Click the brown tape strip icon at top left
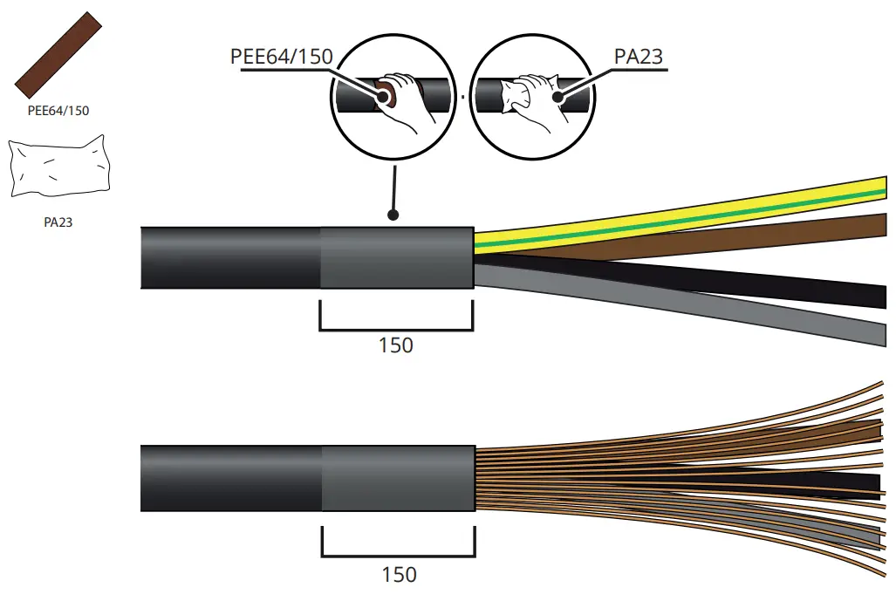pos(58,55)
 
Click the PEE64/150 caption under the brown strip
pos(58,111)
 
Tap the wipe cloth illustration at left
pos(60,168)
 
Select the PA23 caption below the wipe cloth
pos(58,222)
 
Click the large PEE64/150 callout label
pos(281,57)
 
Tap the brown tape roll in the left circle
pos(386,93)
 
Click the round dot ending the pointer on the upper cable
pos(394,214)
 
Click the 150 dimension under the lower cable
pos(399,575)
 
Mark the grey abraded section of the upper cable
pos(396,257)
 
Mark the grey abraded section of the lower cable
pos(398,479)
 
